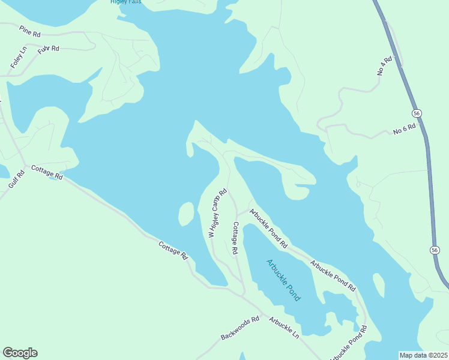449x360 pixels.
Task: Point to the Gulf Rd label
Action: tap(16, 179)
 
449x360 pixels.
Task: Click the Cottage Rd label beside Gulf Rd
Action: tap(47, 173)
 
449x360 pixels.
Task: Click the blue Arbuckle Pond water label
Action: tap(283, 280)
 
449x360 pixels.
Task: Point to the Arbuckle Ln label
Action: tap(284, 328)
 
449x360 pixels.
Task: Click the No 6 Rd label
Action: tap(405, 130)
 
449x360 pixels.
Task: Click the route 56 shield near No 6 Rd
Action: tap(417, 113)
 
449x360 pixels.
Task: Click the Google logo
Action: tap(20, 353)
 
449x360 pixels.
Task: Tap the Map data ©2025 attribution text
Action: tap(423, 355)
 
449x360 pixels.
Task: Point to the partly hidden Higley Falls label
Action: tap(125, 2)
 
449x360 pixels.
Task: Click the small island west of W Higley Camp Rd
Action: tap(185, 214)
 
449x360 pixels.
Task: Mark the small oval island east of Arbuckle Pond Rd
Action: tap(379, 285)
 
